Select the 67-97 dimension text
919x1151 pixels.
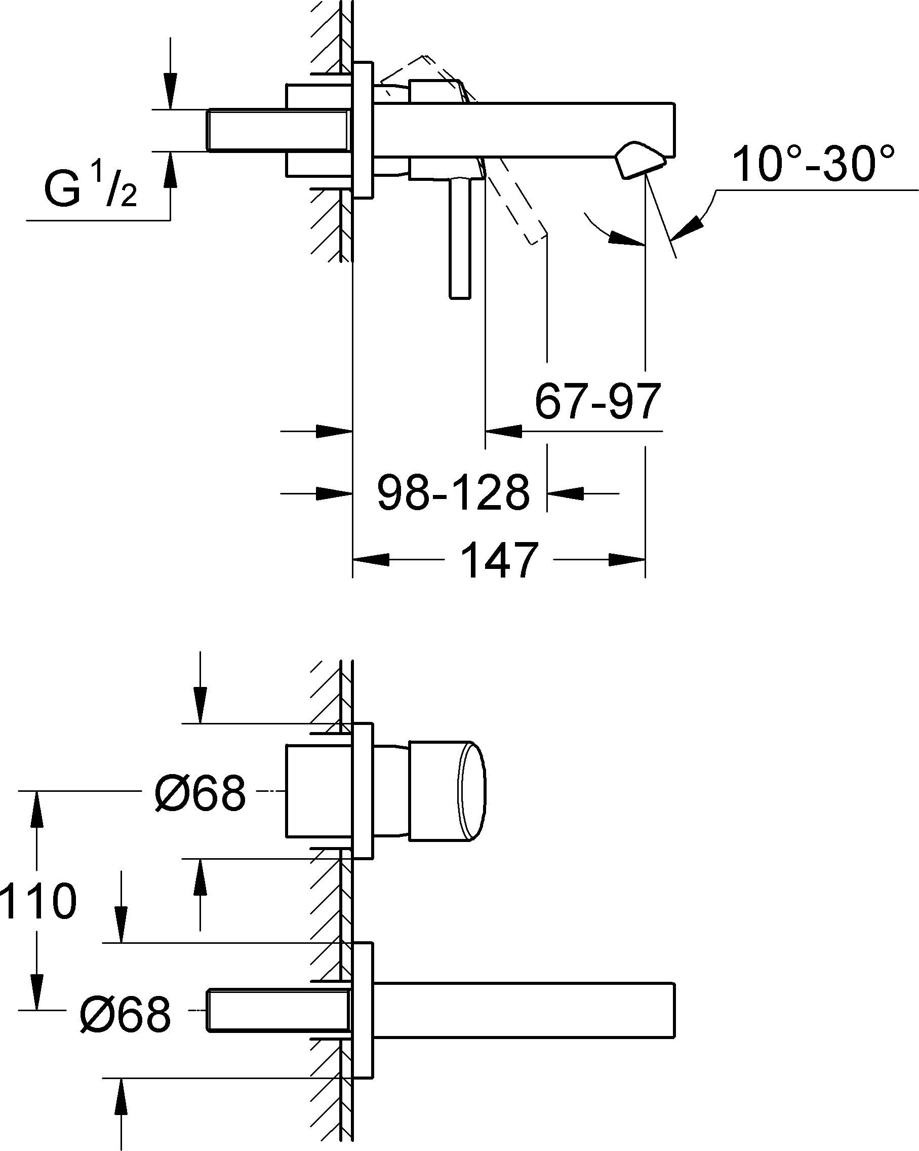[597, 401]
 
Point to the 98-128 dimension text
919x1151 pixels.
[453, 492]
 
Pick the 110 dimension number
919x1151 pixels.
[38, 900]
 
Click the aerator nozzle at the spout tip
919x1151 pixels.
[640, 160]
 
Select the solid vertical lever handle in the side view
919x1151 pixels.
[460, 238]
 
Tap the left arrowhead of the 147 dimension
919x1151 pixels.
[371, 559]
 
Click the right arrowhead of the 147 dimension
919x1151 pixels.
[627, 559]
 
